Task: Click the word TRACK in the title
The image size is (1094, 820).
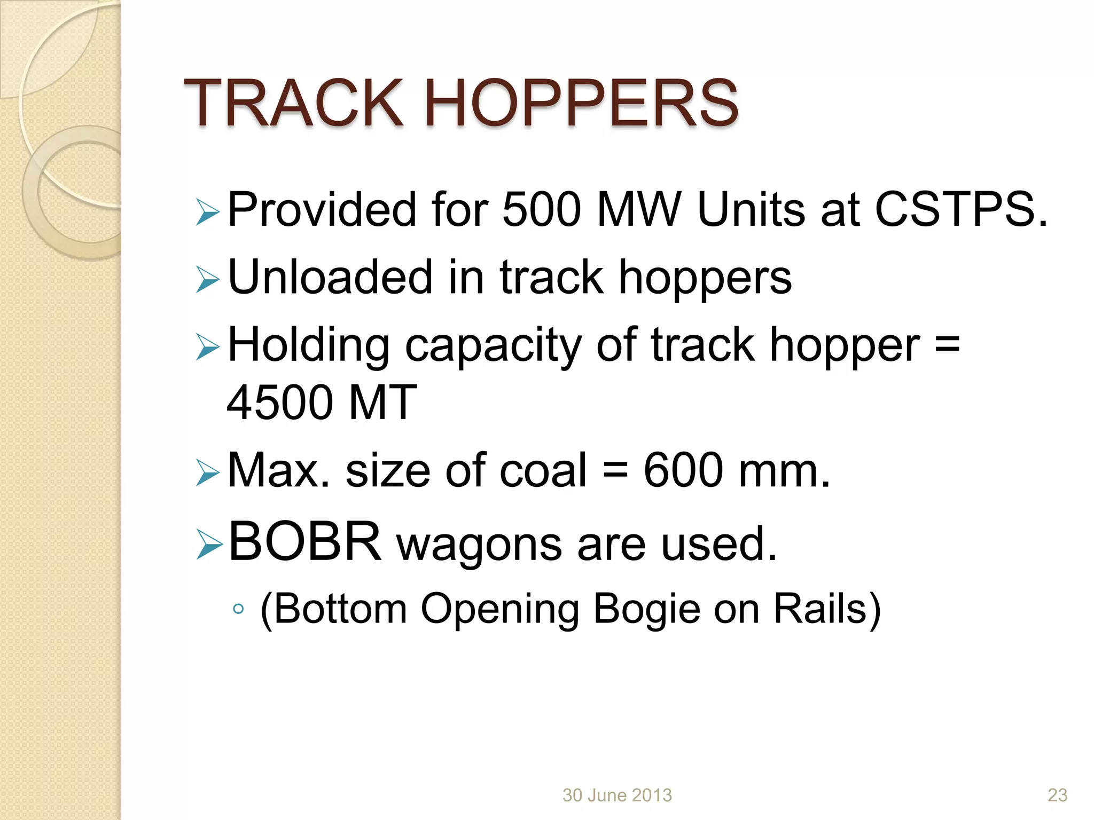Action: click(x=293, y=103)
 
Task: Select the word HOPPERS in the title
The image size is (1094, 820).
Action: click(x=582, y=103)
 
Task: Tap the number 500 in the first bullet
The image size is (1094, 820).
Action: click(x=541, y=210)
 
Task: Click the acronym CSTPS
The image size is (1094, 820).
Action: click(x=960, y=210)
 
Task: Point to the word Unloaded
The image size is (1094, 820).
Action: click(x=330, y=277)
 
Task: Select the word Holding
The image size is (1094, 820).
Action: click(x=308, y=345)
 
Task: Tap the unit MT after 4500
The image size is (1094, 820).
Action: click(x=381, y=403)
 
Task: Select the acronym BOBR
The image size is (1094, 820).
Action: click(x=305, y=542)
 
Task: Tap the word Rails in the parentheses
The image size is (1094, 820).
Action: click(x=820, y=609)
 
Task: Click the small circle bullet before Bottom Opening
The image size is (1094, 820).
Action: click(x=239, y=609)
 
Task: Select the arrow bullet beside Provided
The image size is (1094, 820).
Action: click(x=207, y=212)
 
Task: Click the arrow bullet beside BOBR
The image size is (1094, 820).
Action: click(x=208, y=545)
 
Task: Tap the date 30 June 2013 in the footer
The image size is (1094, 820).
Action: click(x=617, y=795)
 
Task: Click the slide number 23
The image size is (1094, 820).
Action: click(x=1057, y=795)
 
